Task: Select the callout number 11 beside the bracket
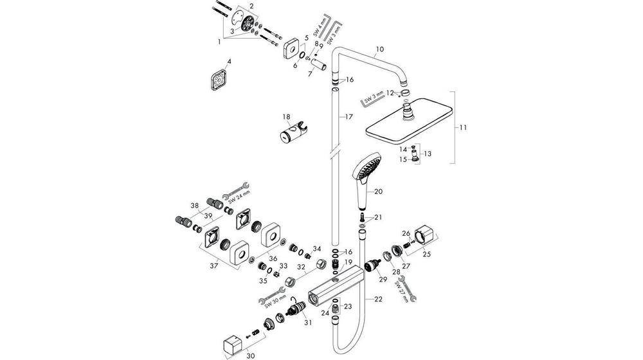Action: pyautogui.click(x=462, y=128)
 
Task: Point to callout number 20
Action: pyautogui.click(x=378, y=192)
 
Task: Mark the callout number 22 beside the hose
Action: pyautogui.click(x=378, y=300)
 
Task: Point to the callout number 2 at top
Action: pyautogui.click(x=251, y=6)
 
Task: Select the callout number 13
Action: pyautogui.click(x=429, y=154)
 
